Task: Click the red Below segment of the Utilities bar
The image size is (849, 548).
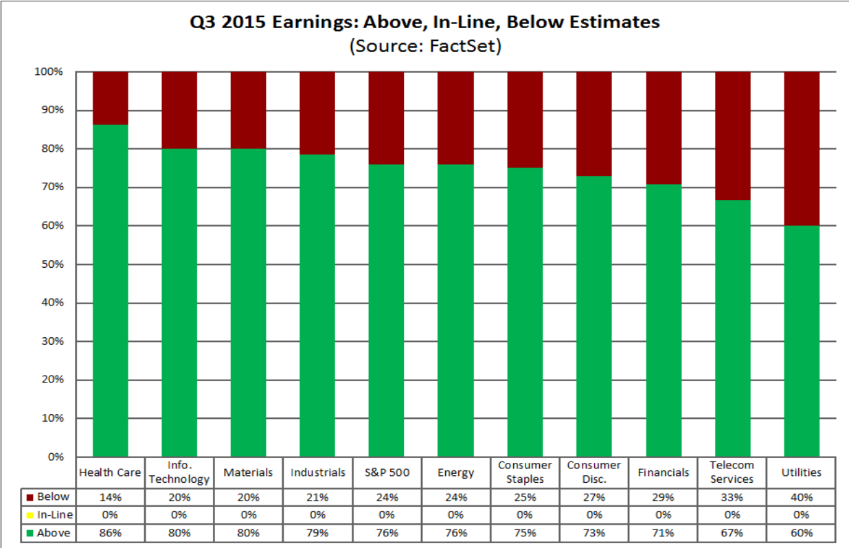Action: tap(802, 148)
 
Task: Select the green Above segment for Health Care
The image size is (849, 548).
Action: tap(111, 290)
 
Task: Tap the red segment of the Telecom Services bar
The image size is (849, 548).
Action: tap(733, 136)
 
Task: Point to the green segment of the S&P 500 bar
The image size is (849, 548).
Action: tap(386, 310)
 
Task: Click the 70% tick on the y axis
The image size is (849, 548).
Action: tap(53, 187)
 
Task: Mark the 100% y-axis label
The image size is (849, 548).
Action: tap(49, 71)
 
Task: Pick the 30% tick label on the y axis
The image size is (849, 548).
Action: tap(53, 341)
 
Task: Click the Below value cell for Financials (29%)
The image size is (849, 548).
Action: tap(664, 497)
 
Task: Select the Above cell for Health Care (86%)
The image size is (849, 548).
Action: tap(111, 533)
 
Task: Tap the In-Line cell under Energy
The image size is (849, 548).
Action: tap(456, 515)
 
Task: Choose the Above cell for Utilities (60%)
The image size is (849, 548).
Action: tap(801, 533)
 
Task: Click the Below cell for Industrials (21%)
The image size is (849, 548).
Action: tap(317, 497)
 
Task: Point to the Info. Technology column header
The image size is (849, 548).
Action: tap(179, 472)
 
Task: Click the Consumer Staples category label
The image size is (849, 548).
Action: tap(525, 472)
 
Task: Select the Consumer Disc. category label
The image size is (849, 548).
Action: tap(594, 472)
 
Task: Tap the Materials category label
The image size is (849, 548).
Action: tap(248, 472)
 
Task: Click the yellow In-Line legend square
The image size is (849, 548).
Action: tap(30, 516)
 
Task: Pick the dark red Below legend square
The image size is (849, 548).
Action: tap(30, 498)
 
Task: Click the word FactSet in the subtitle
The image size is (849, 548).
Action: tap(463, 46)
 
